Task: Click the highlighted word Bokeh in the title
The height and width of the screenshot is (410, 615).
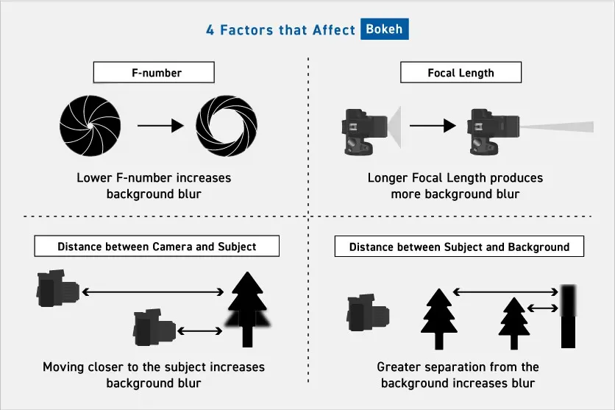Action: pyautogui.click(x=384, y=31)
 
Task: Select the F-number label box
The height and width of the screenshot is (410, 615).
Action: pyautogui.click(x=153, y=73)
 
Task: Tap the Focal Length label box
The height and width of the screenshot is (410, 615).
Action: pyautogui.click(x=461, y=73)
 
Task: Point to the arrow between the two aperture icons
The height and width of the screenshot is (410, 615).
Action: pyautogui.click(x=160, y=126)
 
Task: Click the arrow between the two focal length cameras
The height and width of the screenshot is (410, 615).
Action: pyautogui.click(x=432, y=126)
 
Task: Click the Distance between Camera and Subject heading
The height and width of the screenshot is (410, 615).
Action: pyautogui.click(x=157, y=247)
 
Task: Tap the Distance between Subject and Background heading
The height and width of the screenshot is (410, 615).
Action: pyautogui.click(x=459, y=247)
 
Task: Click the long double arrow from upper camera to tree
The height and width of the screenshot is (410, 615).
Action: pyautogui.click(x=152, y=292)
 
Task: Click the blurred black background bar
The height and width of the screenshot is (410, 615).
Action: pyautogui.click(x=568, y=317)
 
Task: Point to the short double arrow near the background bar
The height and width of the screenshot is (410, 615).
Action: pyautogui.click(x=543, y=310)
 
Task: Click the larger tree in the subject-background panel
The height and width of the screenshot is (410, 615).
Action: pyautogui.click(x=439, y=317)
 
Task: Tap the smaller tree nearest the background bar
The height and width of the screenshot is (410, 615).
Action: pyautogui.click(x=514, y=323)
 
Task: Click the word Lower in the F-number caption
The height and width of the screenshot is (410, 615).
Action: pyautogui.click(x=94, y=178)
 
